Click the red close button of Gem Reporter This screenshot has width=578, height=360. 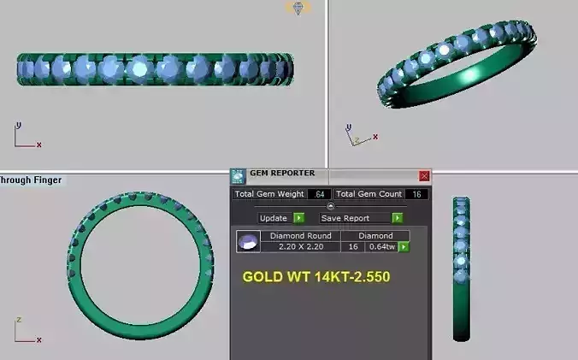424,175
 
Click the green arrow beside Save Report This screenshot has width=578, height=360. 397,218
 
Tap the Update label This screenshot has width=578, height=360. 274,218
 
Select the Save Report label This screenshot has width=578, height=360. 345,218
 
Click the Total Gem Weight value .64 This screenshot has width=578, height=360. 319,194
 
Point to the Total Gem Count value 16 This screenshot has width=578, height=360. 416,194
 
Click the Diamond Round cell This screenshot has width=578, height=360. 300,235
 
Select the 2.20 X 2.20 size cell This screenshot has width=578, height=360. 300,246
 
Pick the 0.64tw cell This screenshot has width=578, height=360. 380,246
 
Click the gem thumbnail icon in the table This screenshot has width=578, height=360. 247,241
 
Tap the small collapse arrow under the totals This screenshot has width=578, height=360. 331,206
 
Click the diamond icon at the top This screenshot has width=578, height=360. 298,8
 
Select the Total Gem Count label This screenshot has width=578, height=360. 368,194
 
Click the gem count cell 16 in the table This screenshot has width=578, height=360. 353,246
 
